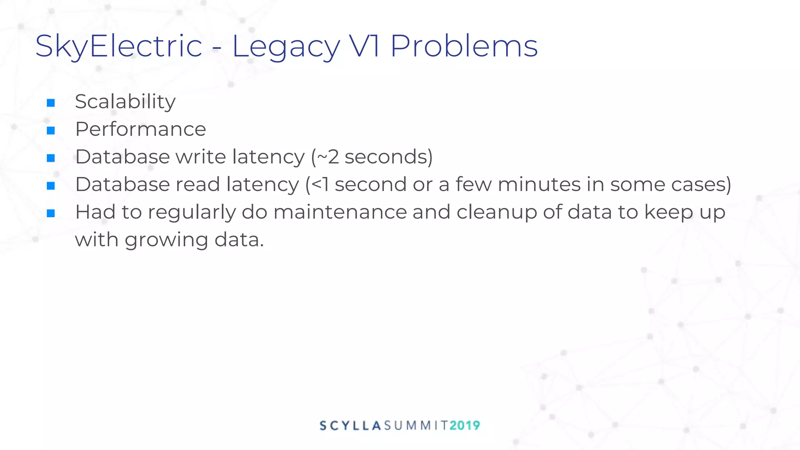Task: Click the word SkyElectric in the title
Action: [118, 46]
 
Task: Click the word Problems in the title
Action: [464, 46]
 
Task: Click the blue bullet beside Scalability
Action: [51, 103]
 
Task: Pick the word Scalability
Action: [125, 102]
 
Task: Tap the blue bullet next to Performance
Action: [51, 130]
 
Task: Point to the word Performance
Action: [140, 129]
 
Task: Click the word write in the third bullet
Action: [201, 157]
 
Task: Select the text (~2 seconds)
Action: [372, 157]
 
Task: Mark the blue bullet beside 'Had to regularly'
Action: [51, 213]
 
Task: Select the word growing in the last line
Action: [166, 240]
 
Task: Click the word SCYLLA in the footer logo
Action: [350, 425]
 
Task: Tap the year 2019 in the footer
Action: [464, 425]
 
